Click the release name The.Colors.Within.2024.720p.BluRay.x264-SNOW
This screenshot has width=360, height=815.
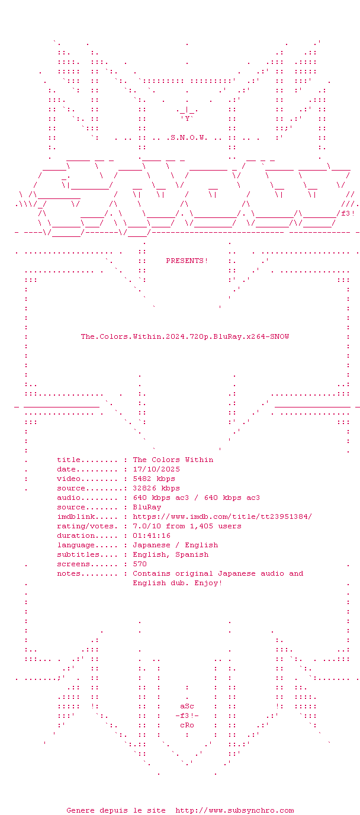(x=185, y=336)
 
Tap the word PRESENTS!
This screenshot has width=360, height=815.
(x=187, y=261)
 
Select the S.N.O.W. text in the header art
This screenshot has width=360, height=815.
(x=189, y=138)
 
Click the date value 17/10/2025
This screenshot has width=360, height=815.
(x=156, y=469)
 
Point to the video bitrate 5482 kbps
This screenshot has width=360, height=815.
(x=154, y=479)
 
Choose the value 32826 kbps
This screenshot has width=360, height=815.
(x=156, y=488)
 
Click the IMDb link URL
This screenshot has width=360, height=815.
(x=222, y=516)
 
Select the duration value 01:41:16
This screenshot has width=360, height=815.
(x=152, y=535)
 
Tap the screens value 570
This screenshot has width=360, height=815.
(x=140, y=564)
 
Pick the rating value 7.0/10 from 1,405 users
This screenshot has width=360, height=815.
(x=187, y=526)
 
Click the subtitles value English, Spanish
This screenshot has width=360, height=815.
(x=171, y=554)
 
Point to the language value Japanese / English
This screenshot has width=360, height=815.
(x=175, y=545)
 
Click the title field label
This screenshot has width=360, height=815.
(x=69, y=460)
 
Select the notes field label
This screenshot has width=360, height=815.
(x=69, y=573)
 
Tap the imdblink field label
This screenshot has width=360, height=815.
(x=76, y=516)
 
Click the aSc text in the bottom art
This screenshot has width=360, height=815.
(x=187, y=706)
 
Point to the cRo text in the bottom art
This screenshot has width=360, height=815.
(x=187, y=725)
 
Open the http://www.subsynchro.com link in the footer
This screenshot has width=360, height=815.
(x=234, y=810)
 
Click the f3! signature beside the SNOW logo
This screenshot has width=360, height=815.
(x=348, y=214)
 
